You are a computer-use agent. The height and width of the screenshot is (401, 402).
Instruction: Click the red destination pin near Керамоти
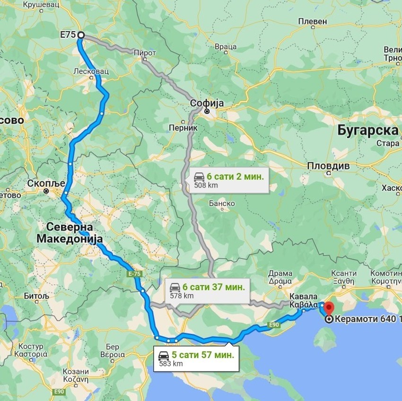329,309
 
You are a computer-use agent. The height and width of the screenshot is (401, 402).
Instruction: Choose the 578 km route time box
208,290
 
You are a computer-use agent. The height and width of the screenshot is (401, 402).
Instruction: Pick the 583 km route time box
196,358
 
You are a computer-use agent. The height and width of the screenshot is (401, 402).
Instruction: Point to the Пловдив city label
328,166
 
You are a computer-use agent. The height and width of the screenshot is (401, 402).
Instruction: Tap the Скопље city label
43,183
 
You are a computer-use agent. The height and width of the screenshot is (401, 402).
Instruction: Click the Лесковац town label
91,71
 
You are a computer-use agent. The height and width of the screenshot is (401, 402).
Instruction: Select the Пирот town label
145,52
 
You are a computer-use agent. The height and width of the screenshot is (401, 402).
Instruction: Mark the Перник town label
179,127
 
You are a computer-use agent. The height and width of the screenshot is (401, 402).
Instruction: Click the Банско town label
222,203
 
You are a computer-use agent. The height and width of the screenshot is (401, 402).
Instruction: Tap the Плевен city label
313,21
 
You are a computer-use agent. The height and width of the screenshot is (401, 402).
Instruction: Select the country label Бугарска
367,130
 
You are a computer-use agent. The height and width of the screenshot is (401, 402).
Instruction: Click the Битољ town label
36,296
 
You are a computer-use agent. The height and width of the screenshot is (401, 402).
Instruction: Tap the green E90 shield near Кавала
274,324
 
